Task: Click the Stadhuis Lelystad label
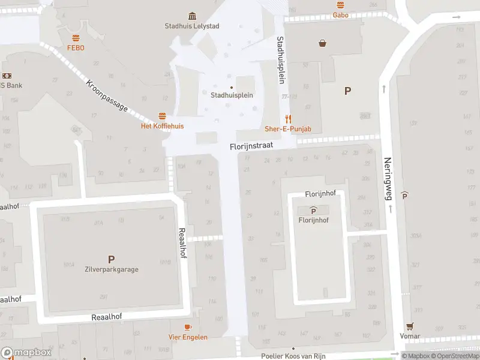coord(191,26)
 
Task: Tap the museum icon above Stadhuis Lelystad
coord(191,16)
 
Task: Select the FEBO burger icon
coord(76,38)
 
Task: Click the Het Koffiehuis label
coord(162,126)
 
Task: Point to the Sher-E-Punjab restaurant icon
coord(288,119)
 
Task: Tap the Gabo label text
coord(341,15)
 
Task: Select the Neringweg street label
coord(388,178)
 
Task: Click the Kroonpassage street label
coord(107,95)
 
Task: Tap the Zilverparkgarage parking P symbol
coord(111,259)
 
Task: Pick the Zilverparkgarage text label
coord(111,269)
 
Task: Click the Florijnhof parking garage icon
coord(313,210)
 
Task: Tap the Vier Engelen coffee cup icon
coord(188,327)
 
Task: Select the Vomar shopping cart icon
coord(410,326)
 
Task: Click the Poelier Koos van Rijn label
coord(293,356)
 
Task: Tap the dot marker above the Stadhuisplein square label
coord(232,87)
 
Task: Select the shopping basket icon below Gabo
coord(323,43)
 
